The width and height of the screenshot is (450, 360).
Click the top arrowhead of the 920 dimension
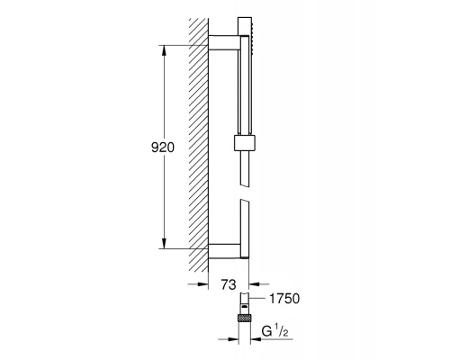(x=165, y=50)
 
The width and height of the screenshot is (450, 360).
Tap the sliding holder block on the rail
(x=242, y=142)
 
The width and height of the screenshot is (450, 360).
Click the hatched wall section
(x=200, y=144)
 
